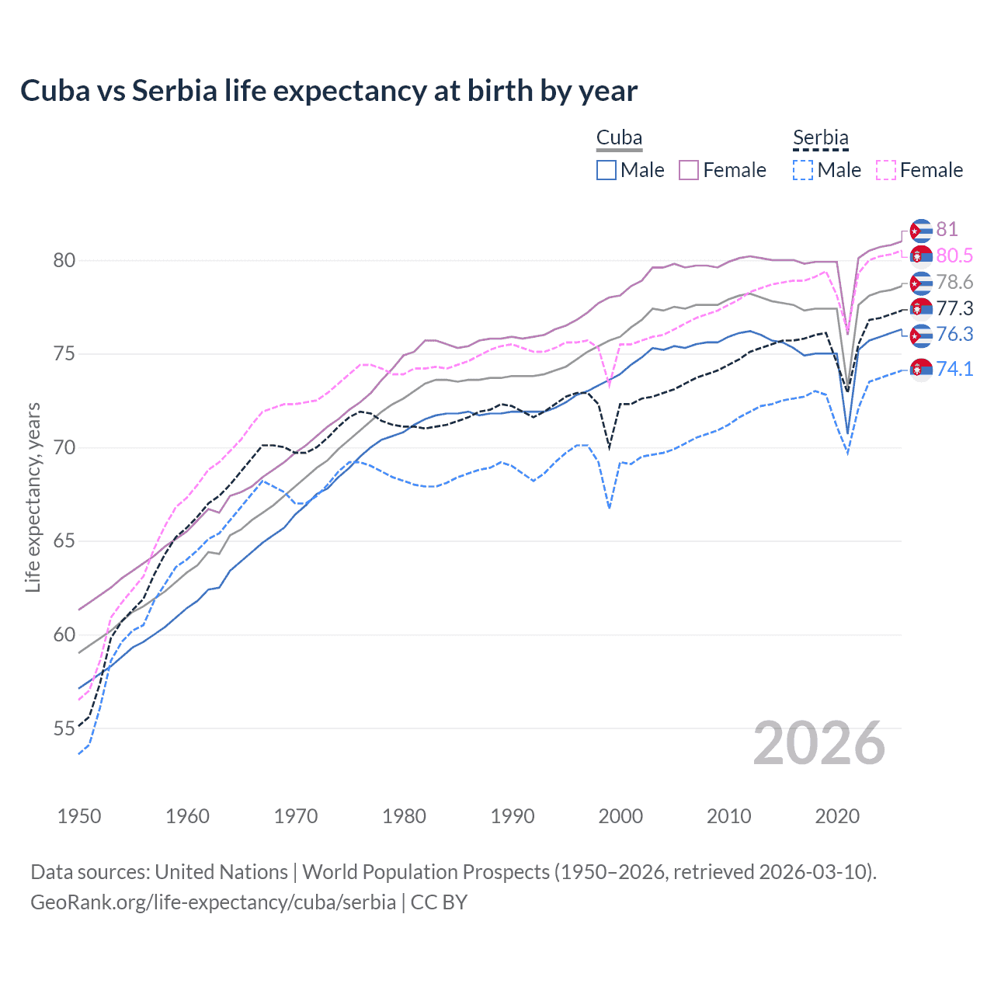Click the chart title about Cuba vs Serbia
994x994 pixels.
(328, 91)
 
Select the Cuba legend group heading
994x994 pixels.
(619, 138)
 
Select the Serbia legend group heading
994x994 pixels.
(820, 138)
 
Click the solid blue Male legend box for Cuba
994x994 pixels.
(606, 170)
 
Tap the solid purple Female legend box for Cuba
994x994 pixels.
(689, 170)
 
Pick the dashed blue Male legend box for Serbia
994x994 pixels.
(803, 170)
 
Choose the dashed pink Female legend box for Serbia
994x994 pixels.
(886, 170)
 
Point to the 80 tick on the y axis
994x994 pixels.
(64, 261)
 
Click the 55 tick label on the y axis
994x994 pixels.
(64, 729)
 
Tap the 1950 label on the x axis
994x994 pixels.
(79, 816)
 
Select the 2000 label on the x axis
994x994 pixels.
(620, 816)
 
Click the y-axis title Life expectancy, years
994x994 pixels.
(33, 497)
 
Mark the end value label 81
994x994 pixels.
(947, 229)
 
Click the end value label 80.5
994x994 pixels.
(954, 255)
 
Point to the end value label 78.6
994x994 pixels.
(954, 282)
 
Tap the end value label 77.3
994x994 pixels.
(954, 308)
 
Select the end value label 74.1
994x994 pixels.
(954, 369)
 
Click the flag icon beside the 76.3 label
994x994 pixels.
(921, 335)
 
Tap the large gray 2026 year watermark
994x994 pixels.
(819, 743)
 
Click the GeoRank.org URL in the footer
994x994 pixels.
(213, 902)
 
